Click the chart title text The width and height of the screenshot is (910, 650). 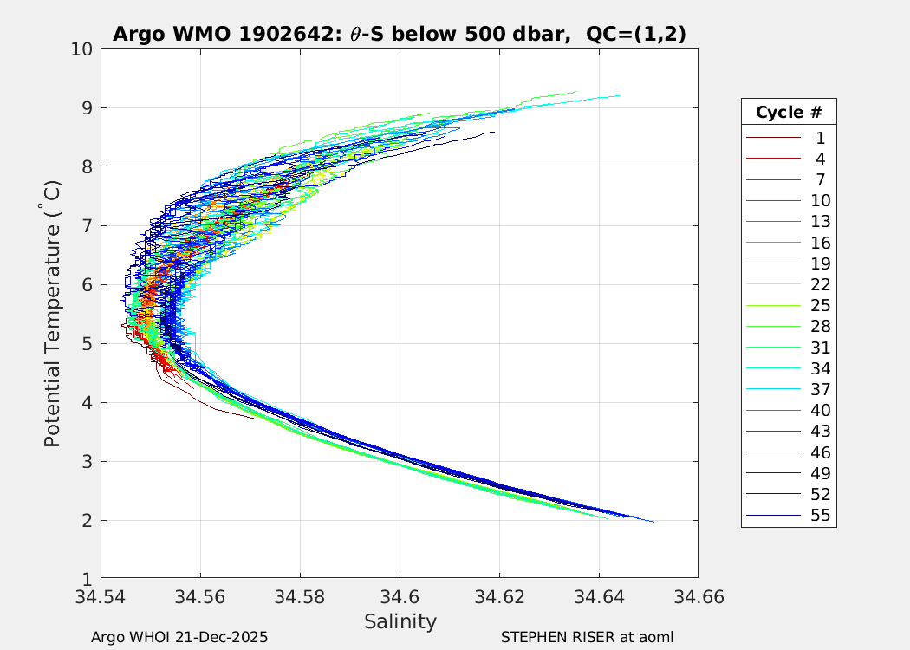click(400, 35)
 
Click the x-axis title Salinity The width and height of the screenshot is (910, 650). click(400, 621)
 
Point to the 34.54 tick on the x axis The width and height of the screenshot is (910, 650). click(101, 597)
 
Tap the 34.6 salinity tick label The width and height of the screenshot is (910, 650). click(400, 597)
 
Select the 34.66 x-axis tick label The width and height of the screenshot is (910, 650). click(698, 597)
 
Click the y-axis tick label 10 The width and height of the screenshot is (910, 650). click(82, 49)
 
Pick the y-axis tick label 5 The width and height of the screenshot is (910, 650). click(88, 344)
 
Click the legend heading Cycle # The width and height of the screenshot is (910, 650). click(789, 113)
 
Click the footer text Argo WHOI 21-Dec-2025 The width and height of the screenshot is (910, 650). click(179, 637)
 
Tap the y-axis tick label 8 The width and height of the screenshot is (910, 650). click(88, 167)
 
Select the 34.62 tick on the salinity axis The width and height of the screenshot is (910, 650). click(499, 597)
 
